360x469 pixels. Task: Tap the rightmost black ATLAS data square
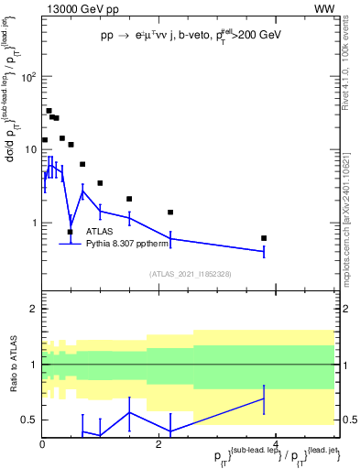point(264,238)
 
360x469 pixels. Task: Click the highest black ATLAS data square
point(49,111)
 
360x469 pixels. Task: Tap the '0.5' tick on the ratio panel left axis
point(27,420)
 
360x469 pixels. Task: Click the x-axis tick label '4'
point(276,443)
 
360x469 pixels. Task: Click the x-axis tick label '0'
point(42,443)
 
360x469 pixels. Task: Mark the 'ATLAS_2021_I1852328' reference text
point(190,274)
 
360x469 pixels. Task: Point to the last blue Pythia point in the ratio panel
point(264,398)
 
